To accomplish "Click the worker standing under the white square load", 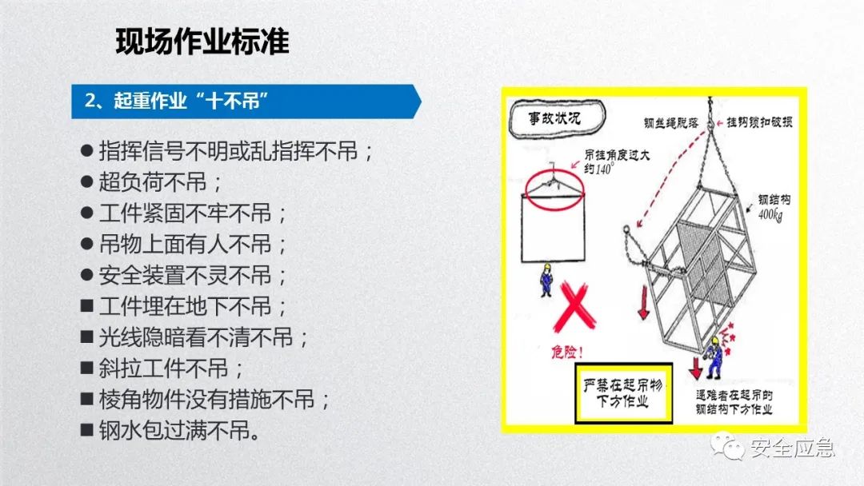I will (x=546, y=280).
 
